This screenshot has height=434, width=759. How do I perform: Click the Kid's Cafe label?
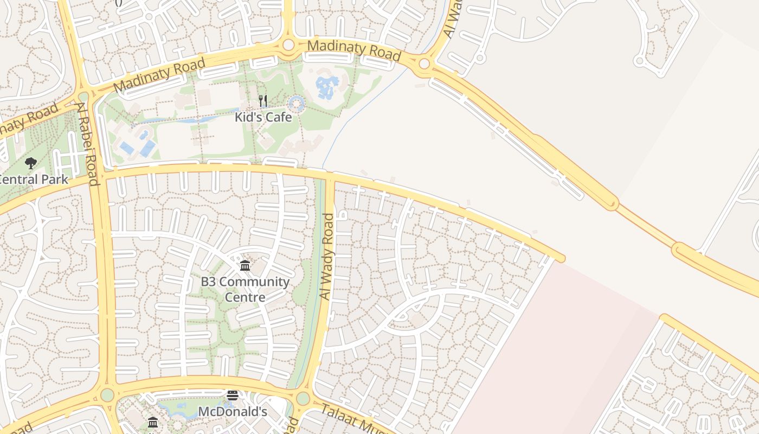coord(263,117)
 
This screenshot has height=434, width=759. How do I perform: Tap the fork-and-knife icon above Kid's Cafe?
coord(263,100)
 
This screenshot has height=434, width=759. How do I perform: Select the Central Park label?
coord(34,180)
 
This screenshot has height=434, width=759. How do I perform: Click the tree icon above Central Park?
coord(31,162)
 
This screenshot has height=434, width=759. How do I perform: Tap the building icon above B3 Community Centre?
coord(245,265)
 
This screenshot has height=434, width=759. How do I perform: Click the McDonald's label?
coord(233,412)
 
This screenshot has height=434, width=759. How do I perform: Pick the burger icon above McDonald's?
coord(233,395)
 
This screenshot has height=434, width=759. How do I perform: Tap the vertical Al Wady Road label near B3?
coord(327,256)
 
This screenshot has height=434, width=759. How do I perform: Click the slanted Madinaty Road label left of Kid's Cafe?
coord(160,75)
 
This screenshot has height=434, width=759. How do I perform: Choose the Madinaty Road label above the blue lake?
coord(354,50)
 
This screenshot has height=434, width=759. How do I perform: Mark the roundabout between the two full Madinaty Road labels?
coord(288,44)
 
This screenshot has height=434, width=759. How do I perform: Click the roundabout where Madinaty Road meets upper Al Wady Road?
coord(424,64)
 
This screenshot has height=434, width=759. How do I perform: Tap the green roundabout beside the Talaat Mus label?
coord(303,399)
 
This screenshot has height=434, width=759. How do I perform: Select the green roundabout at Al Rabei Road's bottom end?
coord(107,394)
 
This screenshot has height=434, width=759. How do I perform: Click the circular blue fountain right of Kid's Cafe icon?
coord(296,103)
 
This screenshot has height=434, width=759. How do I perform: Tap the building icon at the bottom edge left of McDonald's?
coord(153,422)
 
